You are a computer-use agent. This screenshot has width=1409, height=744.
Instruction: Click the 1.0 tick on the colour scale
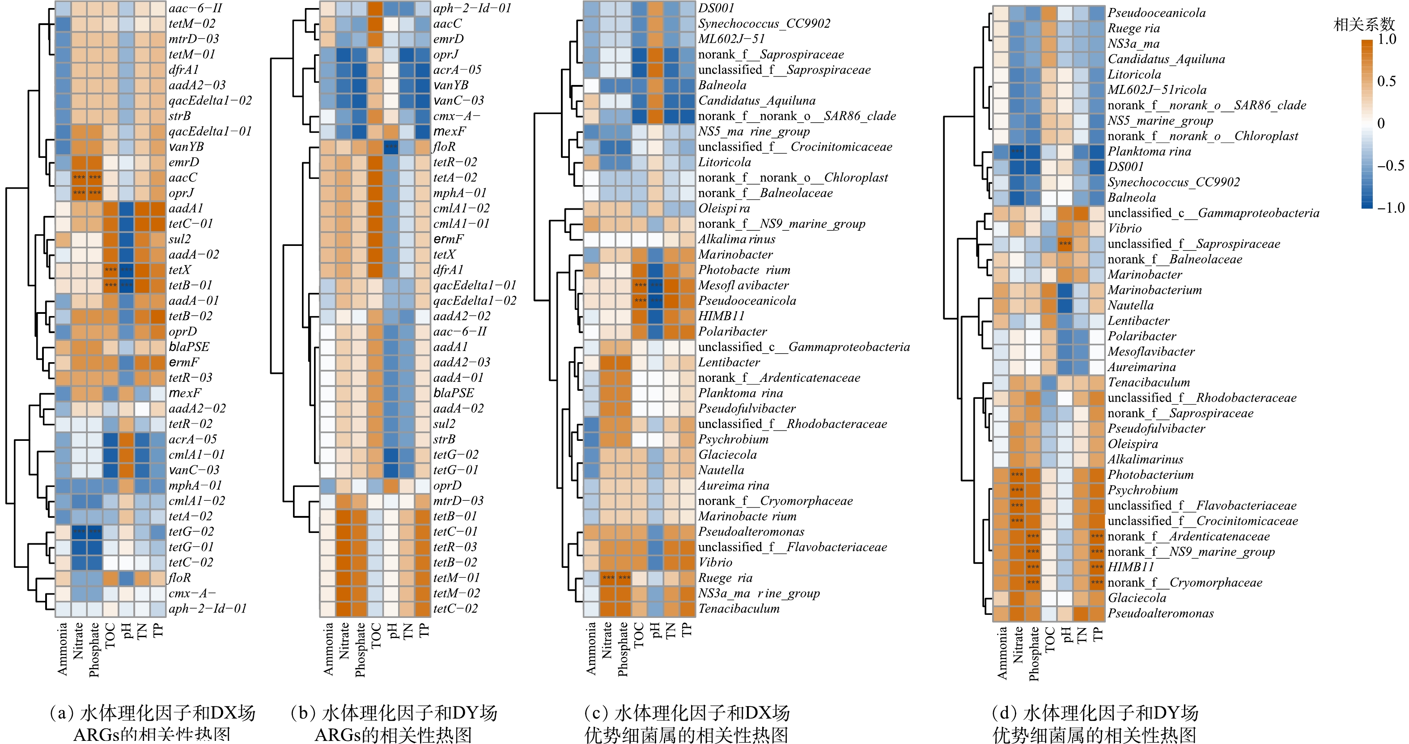1387,39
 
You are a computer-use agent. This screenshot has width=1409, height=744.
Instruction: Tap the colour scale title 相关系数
1364,24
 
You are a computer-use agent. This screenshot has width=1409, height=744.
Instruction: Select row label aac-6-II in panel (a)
195,8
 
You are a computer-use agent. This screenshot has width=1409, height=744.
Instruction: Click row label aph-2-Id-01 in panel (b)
472,8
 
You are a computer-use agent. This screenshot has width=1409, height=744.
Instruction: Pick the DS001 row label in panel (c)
716,8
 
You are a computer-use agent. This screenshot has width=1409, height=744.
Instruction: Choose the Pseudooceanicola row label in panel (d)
1156,13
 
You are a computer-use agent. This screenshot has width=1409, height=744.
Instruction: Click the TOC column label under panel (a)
110,635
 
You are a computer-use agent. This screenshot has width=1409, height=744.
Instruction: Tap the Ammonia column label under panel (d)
1002,653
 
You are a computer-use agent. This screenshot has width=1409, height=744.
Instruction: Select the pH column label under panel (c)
655,630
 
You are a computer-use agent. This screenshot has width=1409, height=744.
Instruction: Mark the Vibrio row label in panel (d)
1125,228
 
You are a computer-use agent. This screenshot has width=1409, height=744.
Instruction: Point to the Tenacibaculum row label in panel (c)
738,609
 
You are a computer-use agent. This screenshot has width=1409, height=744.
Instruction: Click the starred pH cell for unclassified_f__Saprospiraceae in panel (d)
1065,244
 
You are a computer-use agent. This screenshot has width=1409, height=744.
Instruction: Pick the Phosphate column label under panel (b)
359,650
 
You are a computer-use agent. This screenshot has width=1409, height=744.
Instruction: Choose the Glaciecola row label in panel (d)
1137,598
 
